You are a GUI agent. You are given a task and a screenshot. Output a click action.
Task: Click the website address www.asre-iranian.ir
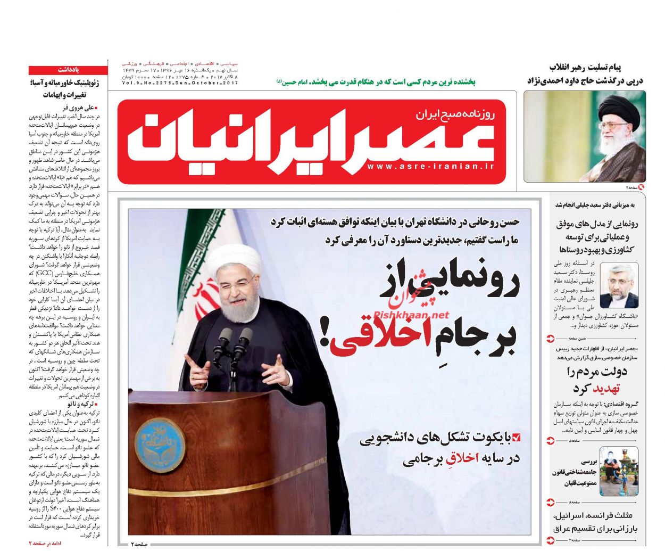coord(430,167)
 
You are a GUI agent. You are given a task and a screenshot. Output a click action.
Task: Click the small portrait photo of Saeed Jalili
coord(619,285)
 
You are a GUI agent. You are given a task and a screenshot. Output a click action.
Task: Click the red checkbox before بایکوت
coord(515,438)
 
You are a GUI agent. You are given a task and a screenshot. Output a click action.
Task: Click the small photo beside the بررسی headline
coord(619,471)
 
